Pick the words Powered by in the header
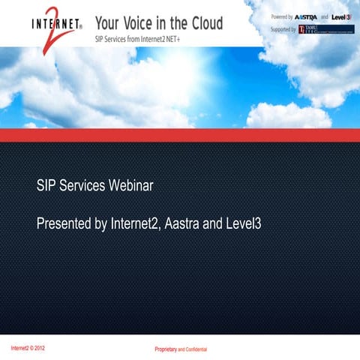[282, 16]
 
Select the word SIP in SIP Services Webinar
[46, 185]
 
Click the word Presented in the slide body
[64, 223]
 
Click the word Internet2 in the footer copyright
[21, 348]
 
